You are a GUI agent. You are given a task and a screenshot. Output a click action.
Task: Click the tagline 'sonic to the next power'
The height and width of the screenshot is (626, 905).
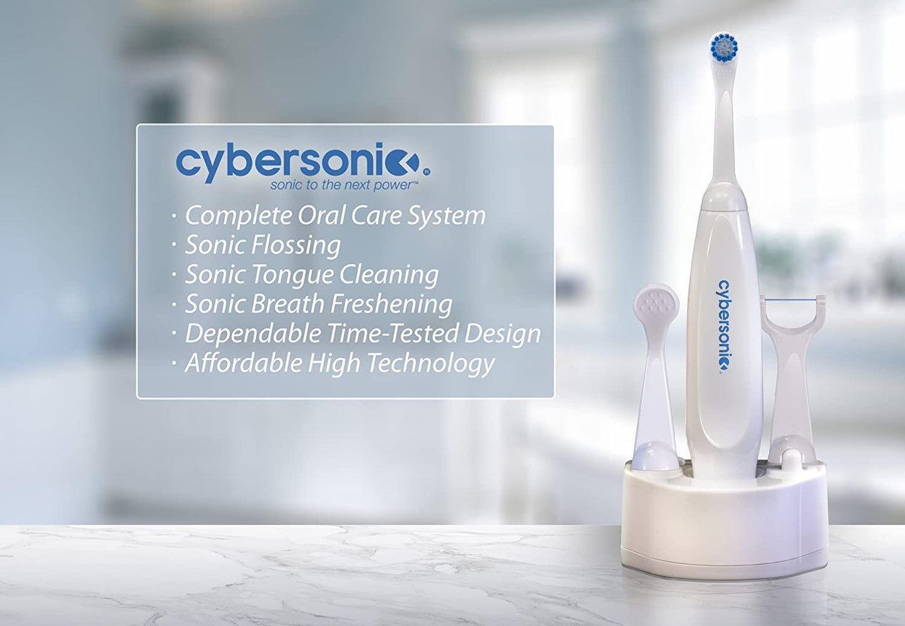click(344, 185)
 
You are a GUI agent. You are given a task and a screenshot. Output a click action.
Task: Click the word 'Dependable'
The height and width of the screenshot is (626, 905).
click(252, 334)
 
